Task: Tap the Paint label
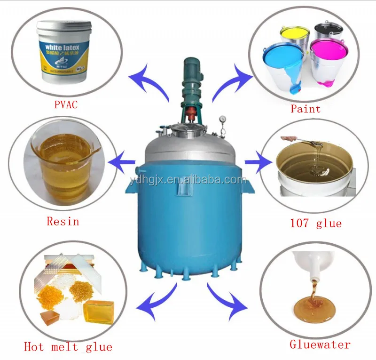(x=305, y=109)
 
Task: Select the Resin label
(x=63, y=221)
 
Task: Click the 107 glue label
(x=315, y=223)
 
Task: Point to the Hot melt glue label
(x=68, y=347)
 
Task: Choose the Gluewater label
(x=319, y=344)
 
